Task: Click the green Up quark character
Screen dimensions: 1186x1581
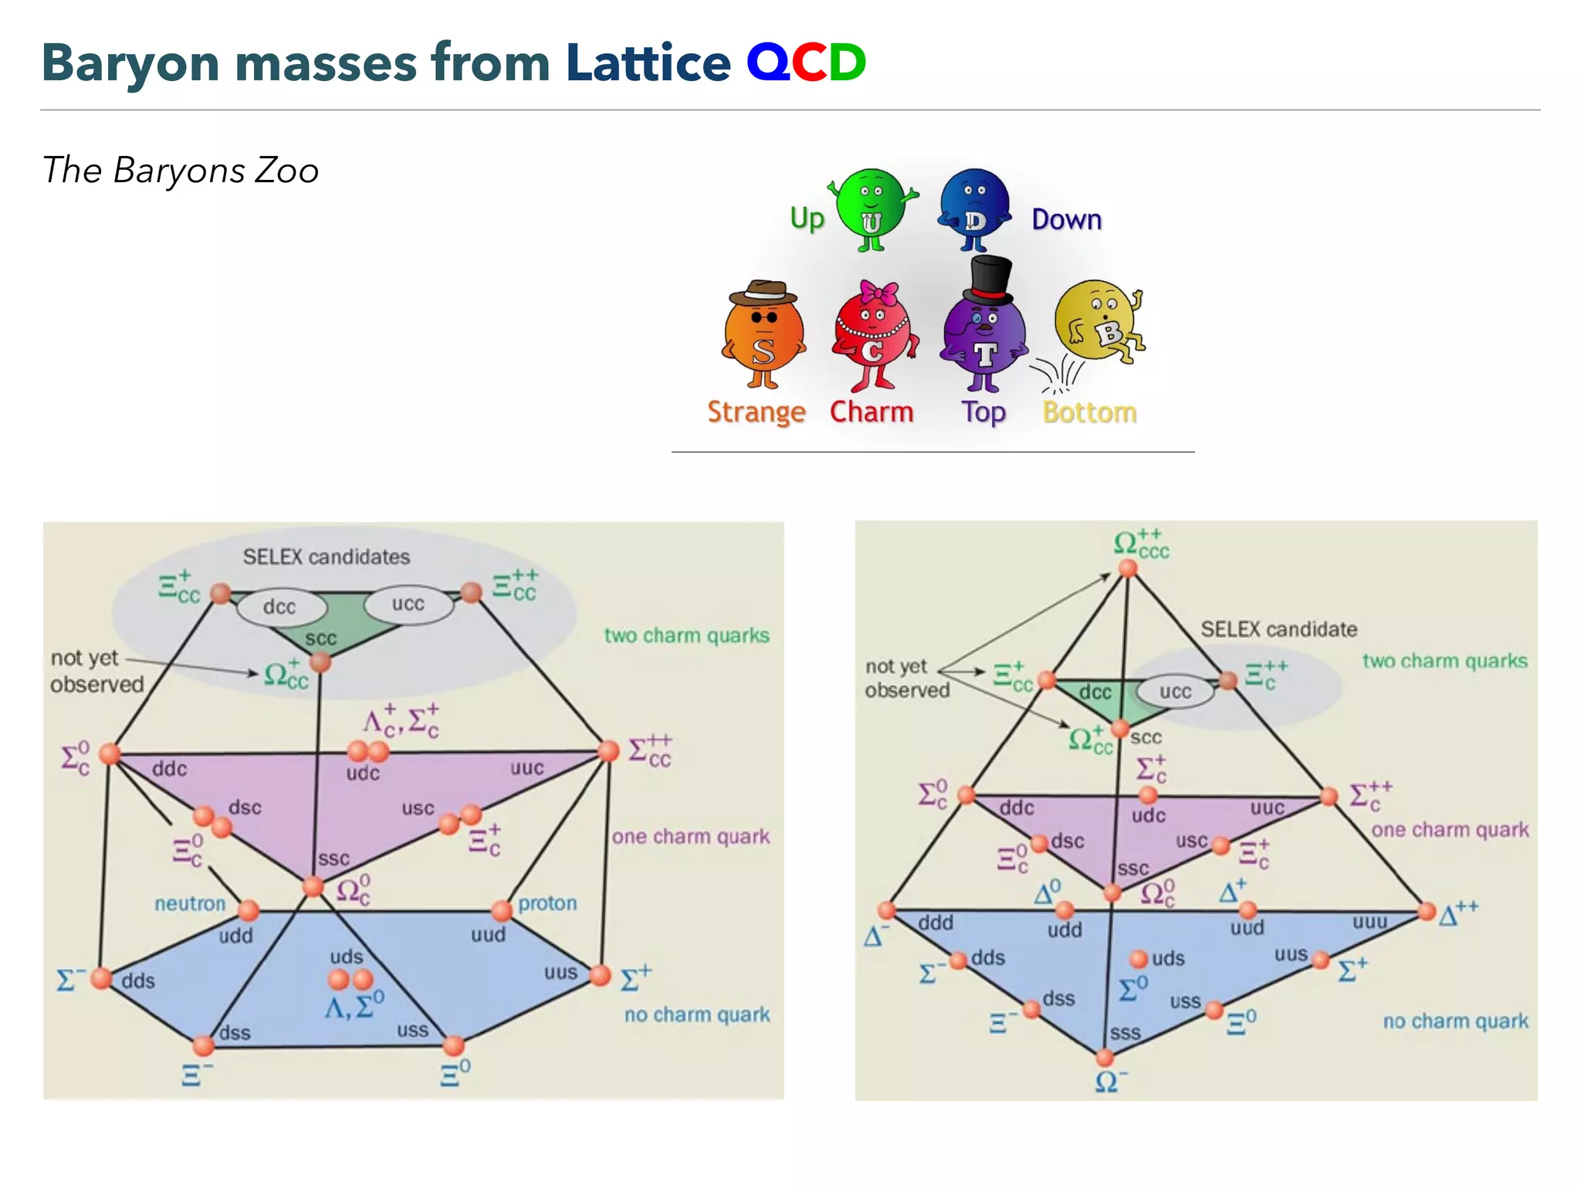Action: (x=872, y=207)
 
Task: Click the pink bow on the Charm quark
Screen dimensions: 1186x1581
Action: (x=879, y=293)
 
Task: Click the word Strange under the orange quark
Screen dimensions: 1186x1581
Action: (x=756, y=412)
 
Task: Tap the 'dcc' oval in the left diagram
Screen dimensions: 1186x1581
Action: (x=279, y=607)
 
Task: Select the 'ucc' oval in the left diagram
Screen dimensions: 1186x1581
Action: (x=408, y=604)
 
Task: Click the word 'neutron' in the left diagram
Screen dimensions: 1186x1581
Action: (x=190, y=903)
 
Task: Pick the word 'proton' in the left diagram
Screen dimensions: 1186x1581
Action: (x=547, y=903)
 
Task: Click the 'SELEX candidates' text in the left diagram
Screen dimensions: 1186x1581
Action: (x=326, y=557)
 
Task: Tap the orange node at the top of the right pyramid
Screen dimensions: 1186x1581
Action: (x=1128, y=569)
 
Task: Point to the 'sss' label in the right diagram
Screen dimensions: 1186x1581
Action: (x=1125, y=1033)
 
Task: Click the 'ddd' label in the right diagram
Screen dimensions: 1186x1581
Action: (x=936, y=923)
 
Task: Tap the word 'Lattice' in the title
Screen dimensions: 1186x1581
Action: (x=648, y=63)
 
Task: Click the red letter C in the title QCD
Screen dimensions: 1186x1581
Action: (x=809, y=63)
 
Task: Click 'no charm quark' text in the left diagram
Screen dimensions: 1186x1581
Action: (x=697, y=1015)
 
